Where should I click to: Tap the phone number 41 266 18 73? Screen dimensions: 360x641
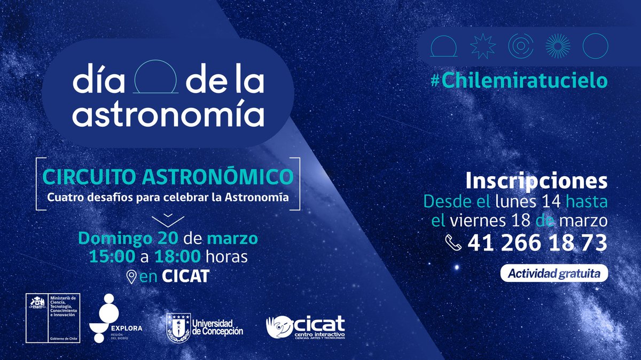(537, 244)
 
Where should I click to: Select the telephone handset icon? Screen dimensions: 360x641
(455, 244)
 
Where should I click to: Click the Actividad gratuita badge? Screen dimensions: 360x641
(554, 274)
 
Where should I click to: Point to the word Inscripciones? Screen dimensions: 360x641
(536, 181)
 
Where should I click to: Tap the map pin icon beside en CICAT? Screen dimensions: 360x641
(130, 277)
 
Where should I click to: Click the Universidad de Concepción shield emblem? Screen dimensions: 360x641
(177, 327)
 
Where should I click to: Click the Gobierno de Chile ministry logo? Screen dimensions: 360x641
(53, 318)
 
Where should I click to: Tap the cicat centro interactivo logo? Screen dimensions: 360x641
(306, 326)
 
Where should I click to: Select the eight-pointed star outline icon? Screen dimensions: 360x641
(482, 46)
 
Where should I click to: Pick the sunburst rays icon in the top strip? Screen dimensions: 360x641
(557, 46)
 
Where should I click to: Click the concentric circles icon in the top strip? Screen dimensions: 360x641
(520, 46)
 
